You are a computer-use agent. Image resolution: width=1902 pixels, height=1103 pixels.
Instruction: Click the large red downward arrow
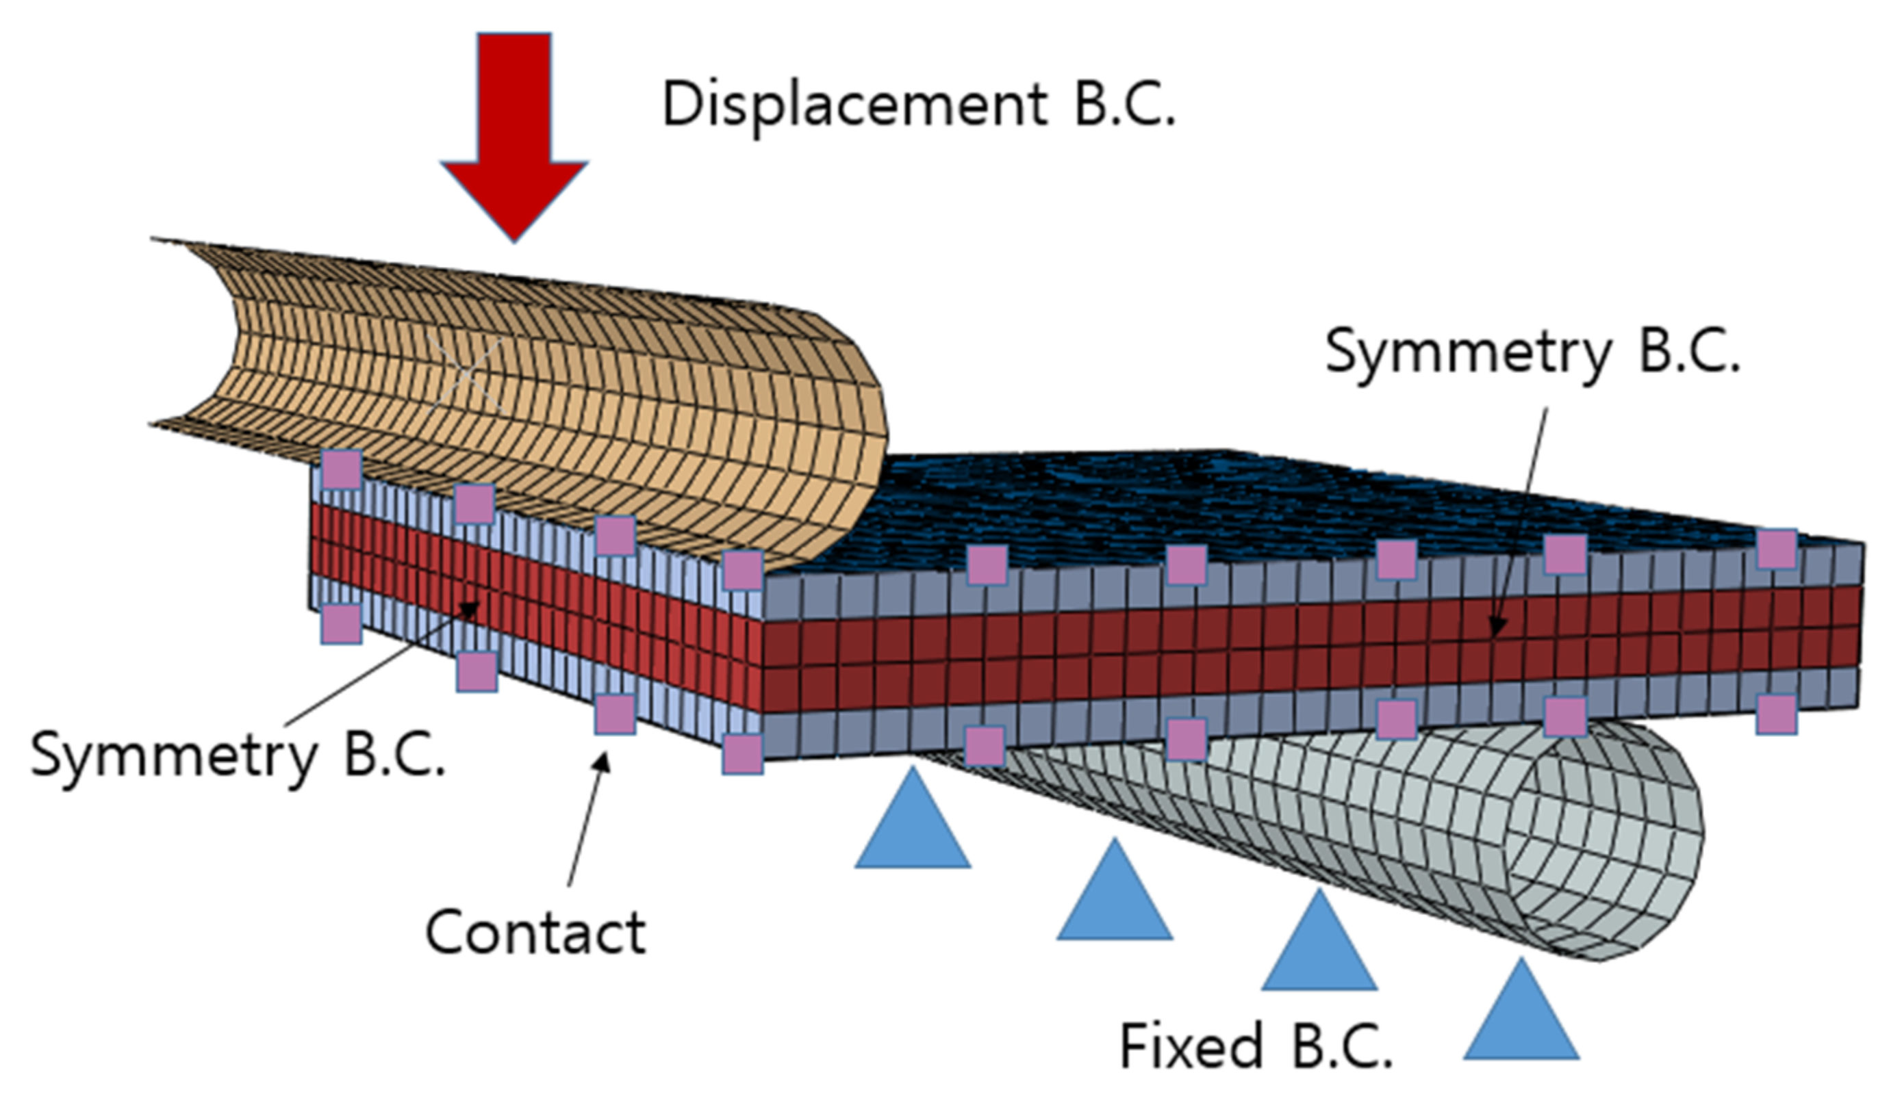pyautogui.click(x=514, y=135)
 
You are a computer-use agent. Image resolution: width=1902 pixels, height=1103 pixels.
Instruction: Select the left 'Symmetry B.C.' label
pyautogui.click(x=238, y=756)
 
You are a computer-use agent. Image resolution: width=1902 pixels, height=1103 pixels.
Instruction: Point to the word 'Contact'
pyautogui.click(x=536, y=933)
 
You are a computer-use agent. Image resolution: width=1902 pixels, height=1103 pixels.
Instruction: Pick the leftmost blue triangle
pyautogui.click(x=913, y=818)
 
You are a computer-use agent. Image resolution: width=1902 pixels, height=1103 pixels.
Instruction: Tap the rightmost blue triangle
pyautogui.click(x=1521, y=1009)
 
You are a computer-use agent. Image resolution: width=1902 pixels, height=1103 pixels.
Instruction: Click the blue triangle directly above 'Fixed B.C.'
pyautogui.click(x=1319, y=940)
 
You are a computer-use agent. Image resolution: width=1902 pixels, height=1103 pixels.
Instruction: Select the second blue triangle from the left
pyautogui.click(x=1115, y=890)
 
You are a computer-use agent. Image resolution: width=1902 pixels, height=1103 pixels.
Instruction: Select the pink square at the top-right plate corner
pyautogui.click(x=1776, y=549)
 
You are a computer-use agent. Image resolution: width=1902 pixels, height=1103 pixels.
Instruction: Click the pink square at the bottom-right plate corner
pyautogui.click(x=1776, y=714)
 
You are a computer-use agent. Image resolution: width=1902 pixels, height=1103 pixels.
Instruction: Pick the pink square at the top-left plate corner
pyautogui.click(x=342, y=470)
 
